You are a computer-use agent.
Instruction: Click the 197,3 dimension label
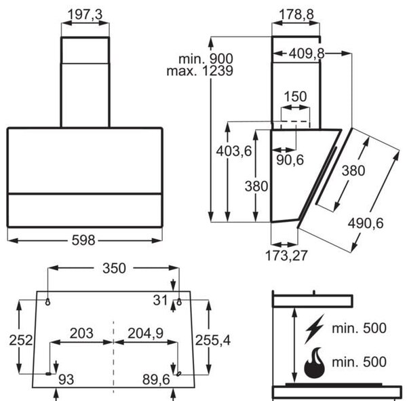85,14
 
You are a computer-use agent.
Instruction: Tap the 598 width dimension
83,240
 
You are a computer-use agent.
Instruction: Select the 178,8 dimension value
296,14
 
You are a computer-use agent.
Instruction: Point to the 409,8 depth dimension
307,54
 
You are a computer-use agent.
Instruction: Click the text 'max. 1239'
199,71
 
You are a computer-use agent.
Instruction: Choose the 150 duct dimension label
295,96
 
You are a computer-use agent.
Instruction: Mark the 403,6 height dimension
234,151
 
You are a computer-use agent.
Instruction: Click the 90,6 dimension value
290,159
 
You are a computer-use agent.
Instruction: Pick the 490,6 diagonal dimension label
366,223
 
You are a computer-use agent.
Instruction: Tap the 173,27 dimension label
286,256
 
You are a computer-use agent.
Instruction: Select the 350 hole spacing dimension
114,268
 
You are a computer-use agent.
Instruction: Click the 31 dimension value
160,300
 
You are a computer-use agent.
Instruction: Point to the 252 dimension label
21,340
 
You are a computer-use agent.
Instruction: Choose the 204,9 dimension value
145,333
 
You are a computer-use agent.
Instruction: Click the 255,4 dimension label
213,340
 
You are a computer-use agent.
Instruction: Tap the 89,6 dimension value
156,380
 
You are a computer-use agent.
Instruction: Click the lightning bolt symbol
315,328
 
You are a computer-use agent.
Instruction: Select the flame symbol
315,362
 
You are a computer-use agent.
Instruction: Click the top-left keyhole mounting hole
47,302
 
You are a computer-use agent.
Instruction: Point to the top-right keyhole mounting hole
179,302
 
